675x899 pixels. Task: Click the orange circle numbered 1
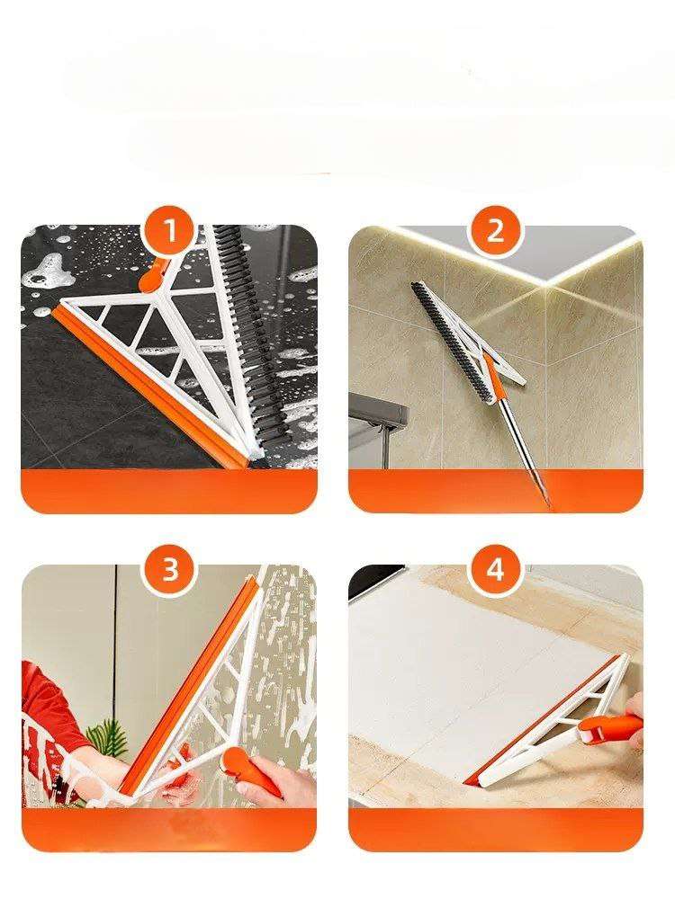[169, 232]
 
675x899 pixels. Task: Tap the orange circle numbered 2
[495, 232]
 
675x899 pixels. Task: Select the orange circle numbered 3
[170, 571]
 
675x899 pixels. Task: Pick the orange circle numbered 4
[495, 571]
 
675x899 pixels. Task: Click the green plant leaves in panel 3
[108, 740]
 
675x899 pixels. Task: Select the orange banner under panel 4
[495, 830]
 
